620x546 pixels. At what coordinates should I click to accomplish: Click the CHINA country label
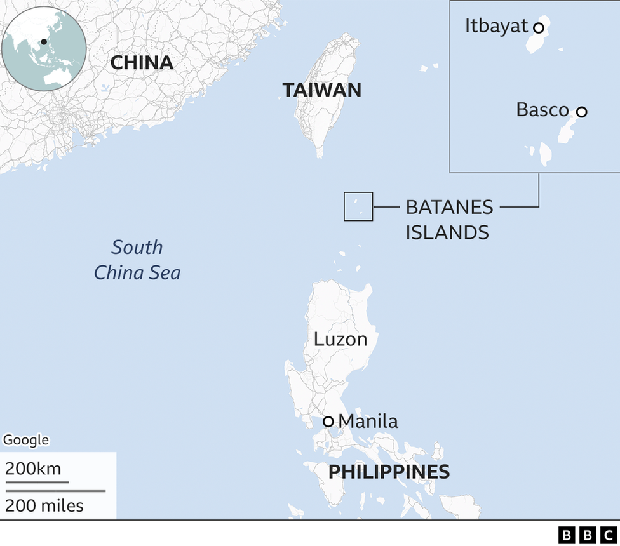point(142,62)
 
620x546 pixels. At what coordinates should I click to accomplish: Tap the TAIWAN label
point(321,90)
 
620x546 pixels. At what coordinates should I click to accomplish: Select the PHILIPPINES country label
point(389,472)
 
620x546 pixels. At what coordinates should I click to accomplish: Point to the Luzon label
point(340,339)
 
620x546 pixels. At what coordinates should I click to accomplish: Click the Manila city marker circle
point(328,422)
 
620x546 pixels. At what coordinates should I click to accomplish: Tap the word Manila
point(368,421)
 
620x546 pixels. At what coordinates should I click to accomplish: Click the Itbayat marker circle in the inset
point(538,27)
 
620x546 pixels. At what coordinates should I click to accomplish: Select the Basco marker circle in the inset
point(581,112)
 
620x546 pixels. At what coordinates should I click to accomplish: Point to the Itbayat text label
point(496,26)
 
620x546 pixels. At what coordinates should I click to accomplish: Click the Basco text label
point(542,110)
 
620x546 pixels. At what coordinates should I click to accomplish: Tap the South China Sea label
point(137,260)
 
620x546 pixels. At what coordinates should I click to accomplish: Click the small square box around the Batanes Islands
point(358,206)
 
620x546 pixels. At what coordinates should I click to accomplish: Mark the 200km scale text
point(33,469)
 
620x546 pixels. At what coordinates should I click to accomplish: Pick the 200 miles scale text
point(44,505)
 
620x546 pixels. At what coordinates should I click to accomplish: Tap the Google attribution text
point(26,440)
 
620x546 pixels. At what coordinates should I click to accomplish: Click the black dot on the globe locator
point(44,42)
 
